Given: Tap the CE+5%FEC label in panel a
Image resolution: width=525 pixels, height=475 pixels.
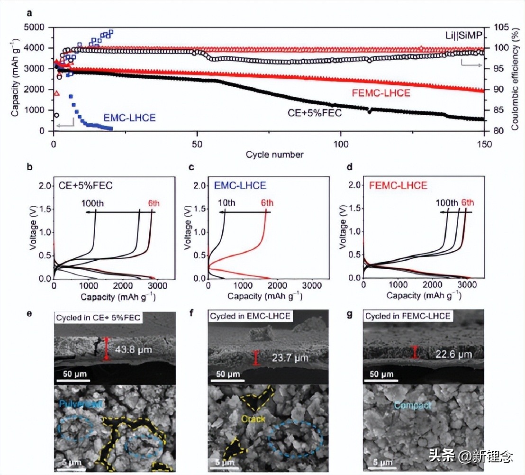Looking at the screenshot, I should pos(315,113).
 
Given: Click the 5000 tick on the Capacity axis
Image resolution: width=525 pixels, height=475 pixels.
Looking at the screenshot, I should pos(39,27).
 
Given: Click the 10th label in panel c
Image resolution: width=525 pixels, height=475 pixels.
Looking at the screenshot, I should pos(226,203).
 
